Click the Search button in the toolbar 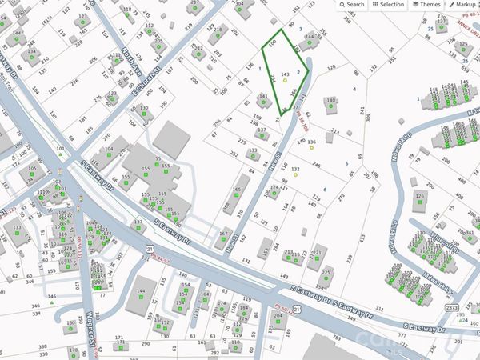pyautogui.click(x=351, y=5)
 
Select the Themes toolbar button pyautogui.click(x=426, y=5)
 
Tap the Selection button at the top pyautogui.click(x=387, y=5)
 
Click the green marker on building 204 pyautogui.click(x=278, y=324)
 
